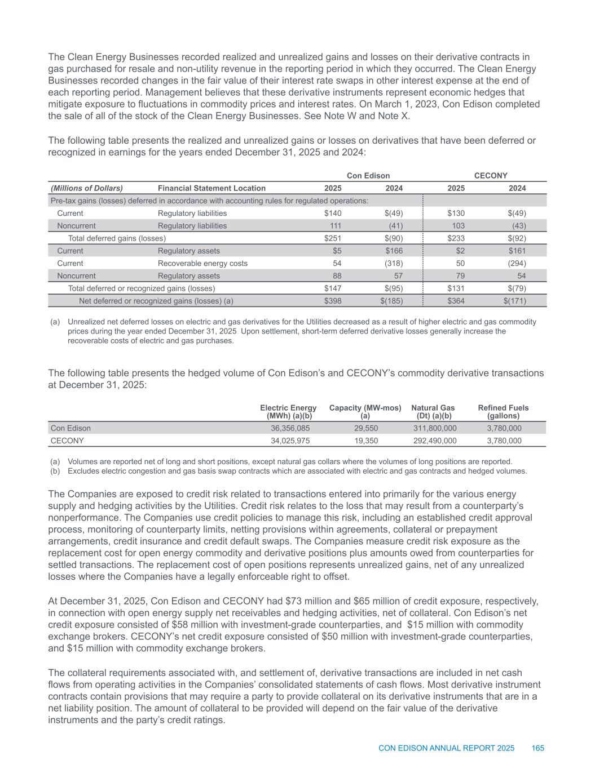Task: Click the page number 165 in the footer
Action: pyautogui.click(x=537, y=748)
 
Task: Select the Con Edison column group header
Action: pyautogui.click(x=368, y=176)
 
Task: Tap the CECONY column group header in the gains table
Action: pyautogui.click(x=491, y=176)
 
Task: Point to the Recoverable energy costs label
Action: pyautogui.click(x=202, y=263)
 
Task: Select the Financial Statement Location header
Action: pyautogui.click(x=211, y=188)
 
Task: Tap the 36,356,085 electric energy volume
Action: pyautogui.click(x=290, y=428)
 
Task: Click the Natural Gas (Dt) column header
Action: pyautogui.click(x=433, y=411)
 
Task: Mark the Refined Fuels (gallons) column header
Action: pyautogui.click(x=503, y=411)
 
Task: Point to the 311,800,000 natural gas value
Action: pyautogui.click(x=435, y=428)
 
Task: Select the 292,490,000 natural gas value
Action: pyautogui.click(x=435, y=441)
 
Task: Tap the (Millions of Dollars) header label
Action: pyautogui.click(x=87, y=188)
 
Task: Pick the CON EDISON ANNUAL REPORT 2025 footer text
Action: pyautogui.click(x=446, y=748)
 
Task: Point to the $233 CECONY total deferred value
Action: pyautogui.click(x=456, y=238)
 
